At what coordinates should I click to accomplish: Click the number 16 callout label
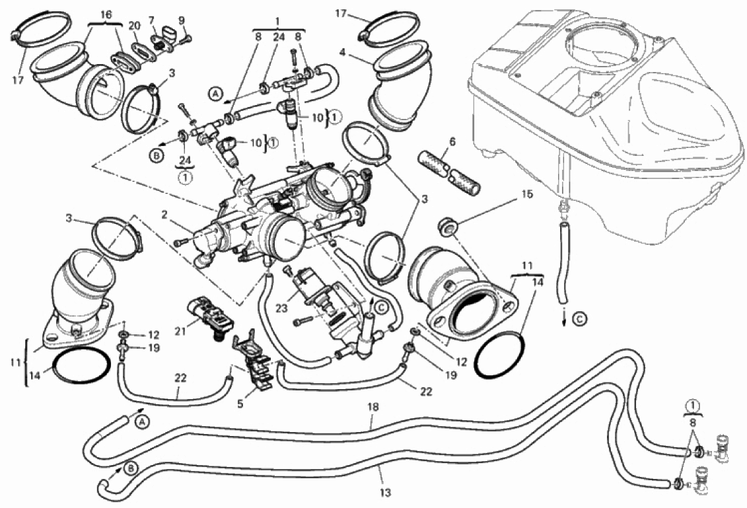[x=107, y=13]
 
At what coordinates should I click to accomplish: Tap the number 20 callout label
[x=135, y=24]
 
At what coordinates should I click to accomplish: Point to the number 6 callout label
[x=452, y=142]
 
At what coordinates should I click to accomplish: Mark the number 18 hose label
[x=373, y=407]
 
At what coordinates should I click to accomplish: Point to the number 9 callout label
[x=182, y=20]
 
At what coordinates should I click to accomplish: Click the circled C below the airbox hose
[x=579, y=320]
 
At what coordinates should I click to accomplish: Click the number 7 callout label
[x=152, y=20]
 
